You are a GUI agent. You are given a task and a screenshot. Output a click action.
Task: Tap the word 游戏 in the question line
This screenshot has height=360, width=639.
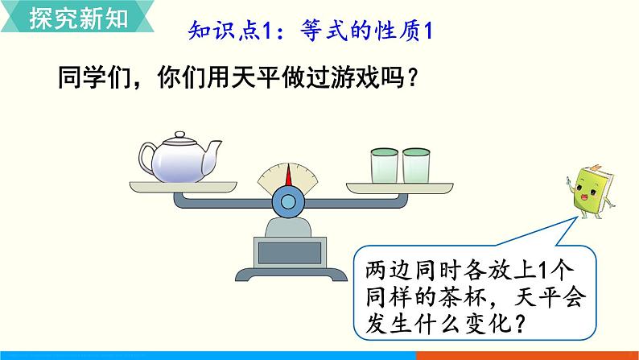click(337, 78)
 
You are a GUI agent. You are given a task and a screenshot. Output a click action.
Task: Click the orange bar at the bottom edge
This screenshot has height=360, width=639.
click(527, 355)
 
